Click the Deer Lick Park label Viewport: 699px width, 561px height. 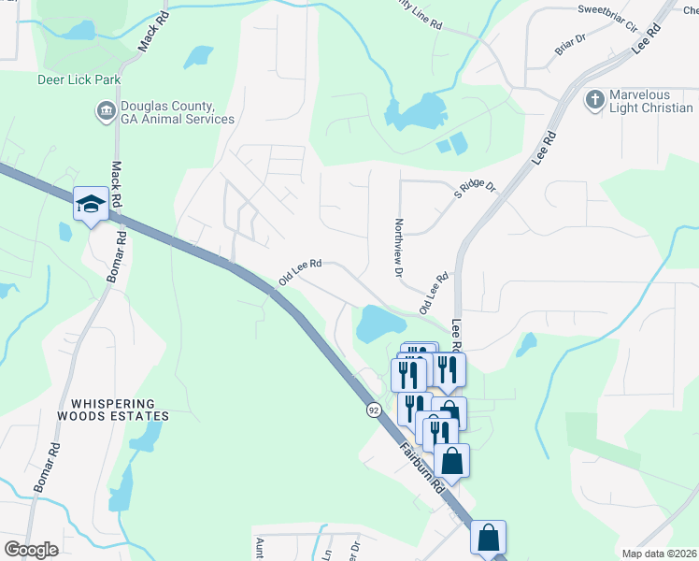[x=78, y=80]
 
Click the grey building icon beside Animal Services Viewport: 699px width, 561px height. [x=105, y=113]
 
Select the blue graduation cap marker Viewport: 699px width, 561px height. [x=90, y=205]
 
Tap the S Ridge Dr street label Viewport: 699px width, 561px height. [x=475, y=187]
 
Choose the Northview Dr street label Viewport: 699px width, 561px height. [x=398, y=249]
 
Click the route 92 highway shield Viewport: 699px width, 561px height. [x=374, y=410]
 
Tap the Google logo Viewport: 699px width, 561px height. [x=30, y=549]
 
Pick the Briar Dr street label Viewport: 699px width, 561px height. [x=569, y=44]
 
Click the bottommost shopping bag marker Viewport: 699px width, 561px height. [x=488, y=538]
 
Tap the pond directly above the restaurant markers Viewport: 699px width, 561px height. [x=379, y=324]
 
